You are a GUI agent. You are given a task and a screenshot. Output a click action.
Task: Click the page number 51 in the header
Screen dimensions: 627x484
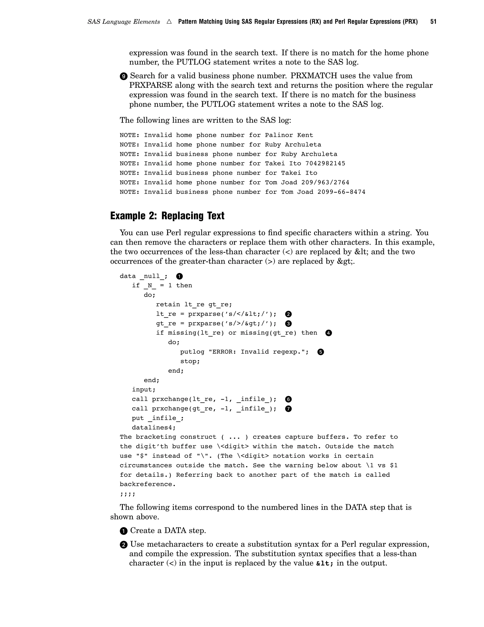[433, 22]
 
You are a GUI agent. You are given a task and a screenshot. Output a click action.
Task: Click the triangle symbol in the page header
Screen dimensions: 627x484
[169, 22]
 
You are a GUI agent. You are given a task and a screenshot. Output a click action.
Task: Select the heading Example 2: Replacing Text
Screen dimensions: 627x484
[167, 216]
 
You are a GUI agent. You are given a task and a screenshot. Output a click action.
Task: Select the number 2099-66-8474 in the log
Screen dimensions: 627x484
[341, 192]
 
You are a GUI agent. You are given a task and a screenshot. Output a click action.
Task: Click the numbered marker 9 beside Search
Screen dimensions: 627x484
[123, 76]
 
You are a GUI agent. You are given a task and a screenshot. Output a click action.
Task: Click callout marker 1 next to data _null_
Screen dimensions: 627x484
[180, 276]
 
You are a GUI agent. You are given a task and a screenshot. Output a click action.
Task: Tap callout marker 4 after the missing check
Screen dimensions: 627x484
[328, 333]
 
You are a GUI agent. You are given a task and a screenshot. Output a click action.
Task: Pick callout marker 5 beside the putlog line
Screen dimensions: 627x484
[320, 352]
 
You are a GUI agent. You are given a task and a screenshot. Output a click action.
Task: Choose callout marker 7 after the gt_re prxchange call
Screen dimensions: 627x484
[289, 409]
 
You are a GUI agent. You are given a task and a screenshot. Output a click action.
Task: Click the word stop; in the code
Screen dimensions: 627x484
[190, 361]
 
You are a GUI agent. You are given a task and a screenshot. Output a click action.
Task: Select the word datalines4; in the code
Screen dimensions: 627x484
[154, 428]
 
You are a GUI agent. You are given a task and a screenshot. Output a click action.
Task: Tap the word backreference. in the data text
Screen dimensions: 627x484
[147, 484]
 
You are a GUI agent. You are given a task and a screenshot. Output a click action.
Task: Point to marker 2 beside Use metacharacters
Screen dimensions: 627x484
[123, 545]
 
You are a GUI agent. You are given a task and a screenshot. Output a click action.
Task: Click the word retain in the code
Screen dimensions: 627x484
[168, 304]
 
